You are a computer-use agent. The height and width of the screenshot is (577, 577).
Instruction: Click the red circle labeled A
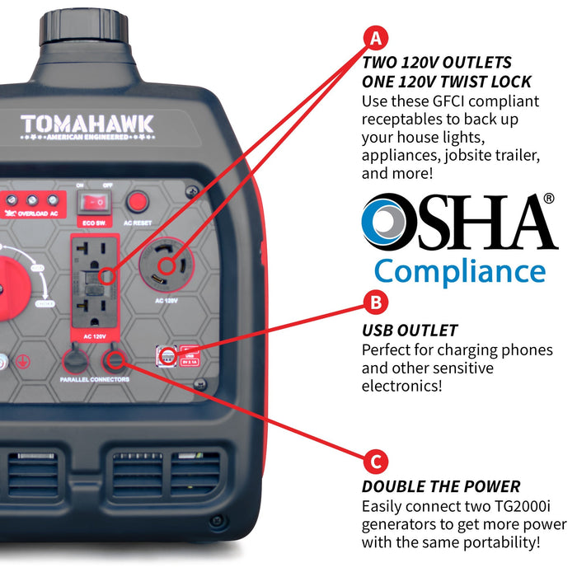pyautogui.click(x=376, y=38)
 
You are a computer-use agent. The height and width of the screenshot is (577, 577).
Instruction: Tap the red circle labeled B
pyautogui.click(x=376, y=303)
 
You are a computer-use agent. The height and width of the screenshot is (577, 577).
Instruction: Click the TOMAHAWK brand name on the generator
pyautogui.click(x=87, y=124)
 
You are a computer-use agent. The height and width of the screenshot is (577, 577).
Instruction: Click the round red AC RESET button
pyautogui.click(x=138, y=200)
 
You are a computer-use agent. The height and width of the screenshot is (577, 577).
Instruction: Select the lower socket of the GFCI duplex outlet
pyautogui.click(x=97, y=304)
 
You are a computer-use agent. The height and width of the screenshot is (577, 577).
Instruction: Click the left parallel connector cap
pyautogui.click(x=75, y=359)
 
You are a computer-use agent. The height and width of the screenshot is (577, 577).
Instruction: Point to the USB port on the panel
pyautogui.click(x=167, y=356)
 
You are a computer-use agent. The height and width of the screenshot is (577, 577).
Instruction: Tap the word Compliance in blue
pyautogui.click(x=459, y=271)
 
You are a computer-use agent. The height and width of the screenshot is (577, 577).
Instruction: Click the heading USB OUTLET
pyautogui.click(x=410, y=331)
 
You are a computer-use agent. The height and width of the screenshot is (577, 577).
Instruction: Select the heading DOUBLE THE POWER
pyautogui.click(x=441, y=486)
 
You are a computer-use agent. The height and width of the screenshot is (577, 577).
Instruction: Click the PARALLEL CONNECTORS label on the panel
pyautogui.click(x=95, y=380)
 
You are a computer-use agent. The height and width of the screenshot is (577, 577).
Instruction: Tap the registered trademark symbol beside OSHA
pyautogui.click(x=549, y=199)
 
